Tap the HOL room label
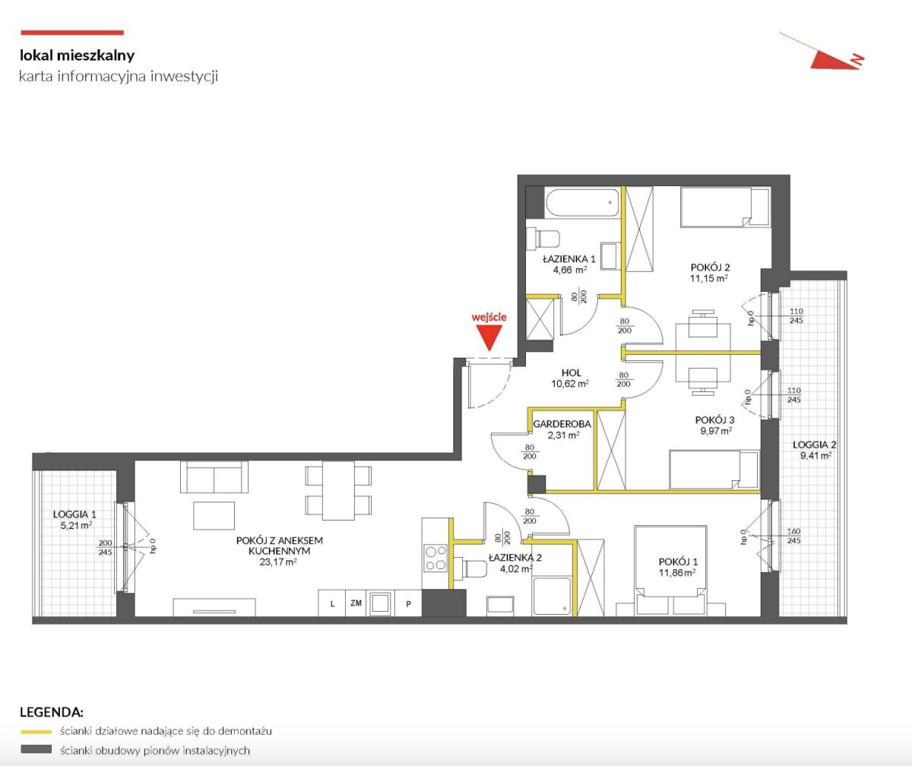pyautogui.click(x=572, y=373)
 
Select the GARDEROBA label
pyautogui.click(x=562, y=423)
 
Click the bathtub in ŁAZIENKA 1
pyautogui.click(x=583, y=202)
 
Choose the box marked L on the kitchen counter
pyautogui.click(x=332, y=603)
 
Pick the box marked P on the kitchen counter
pyautogui.click(x=408, y=603)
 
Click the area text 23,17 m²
pyautogui.click(x=278, y=562)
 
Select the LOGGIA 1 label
pyautogui.click(x=74, y=514)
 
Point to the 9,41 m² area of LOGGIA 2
pyautogui.click(x=815, y=456)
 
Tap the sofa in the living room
pyautogui.click(x=214, y=477)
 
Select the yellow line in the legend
pyautogui.click(x=36, y=731)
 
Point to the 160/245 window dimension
pyautogui.click(x=793, y=536)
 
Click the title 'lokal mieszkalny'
pyautogui.click(x=78, y=55)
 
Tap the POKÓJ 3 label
pyautogui.click(x=715, y=420)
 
